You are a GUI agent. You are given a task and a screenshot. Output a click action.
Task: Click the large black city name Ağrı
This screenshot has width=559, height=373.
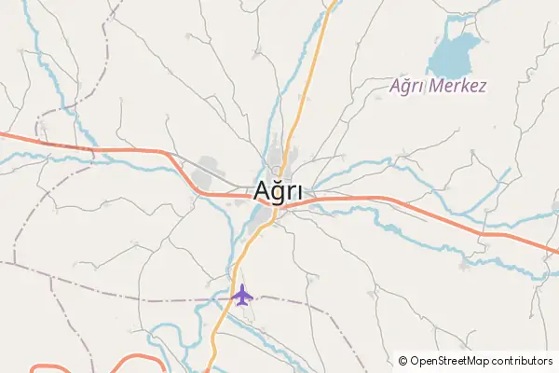(x=279, y=192)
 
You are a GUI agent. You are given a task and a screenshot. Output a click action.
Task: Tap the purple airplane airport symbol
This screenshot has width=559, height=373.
(x=242, y=296)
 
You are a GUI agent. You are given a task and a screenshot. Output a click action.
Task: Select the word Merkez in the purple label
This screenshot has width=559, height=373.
(x=462, y=86)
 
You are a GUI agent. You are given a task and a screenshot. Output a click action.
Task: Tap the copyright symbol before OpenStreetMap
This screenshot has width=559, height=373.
(x=402, y=360)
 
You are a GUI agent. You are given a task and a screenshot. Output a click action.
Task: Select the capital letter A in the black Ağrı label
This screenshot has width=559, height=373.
(x=263, y=190)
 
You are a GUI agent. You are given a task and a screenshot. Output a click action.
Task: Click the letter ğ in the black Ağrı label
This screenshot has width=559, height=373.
(x=279, y=193)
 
